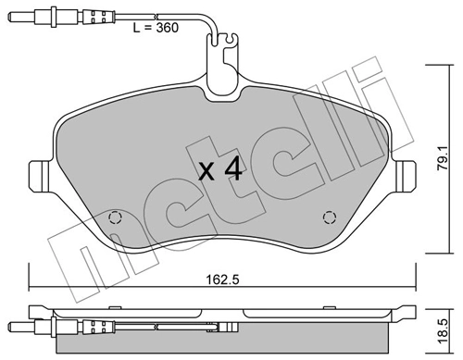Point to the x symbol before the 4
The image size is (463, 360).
pyautogui.click(x=209, y=172)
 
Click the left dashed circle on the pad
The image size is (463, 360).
pyautogui.click(x=116, y=218)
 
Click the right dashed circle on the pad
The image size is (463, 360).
pyautogui.click(x=328, y=218)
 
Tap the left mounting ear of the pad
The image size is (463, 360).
pyautogui.click(x=40, y=175)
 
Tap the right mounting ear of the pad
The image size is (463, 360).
pyautogui.click(x=405, y=175)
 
